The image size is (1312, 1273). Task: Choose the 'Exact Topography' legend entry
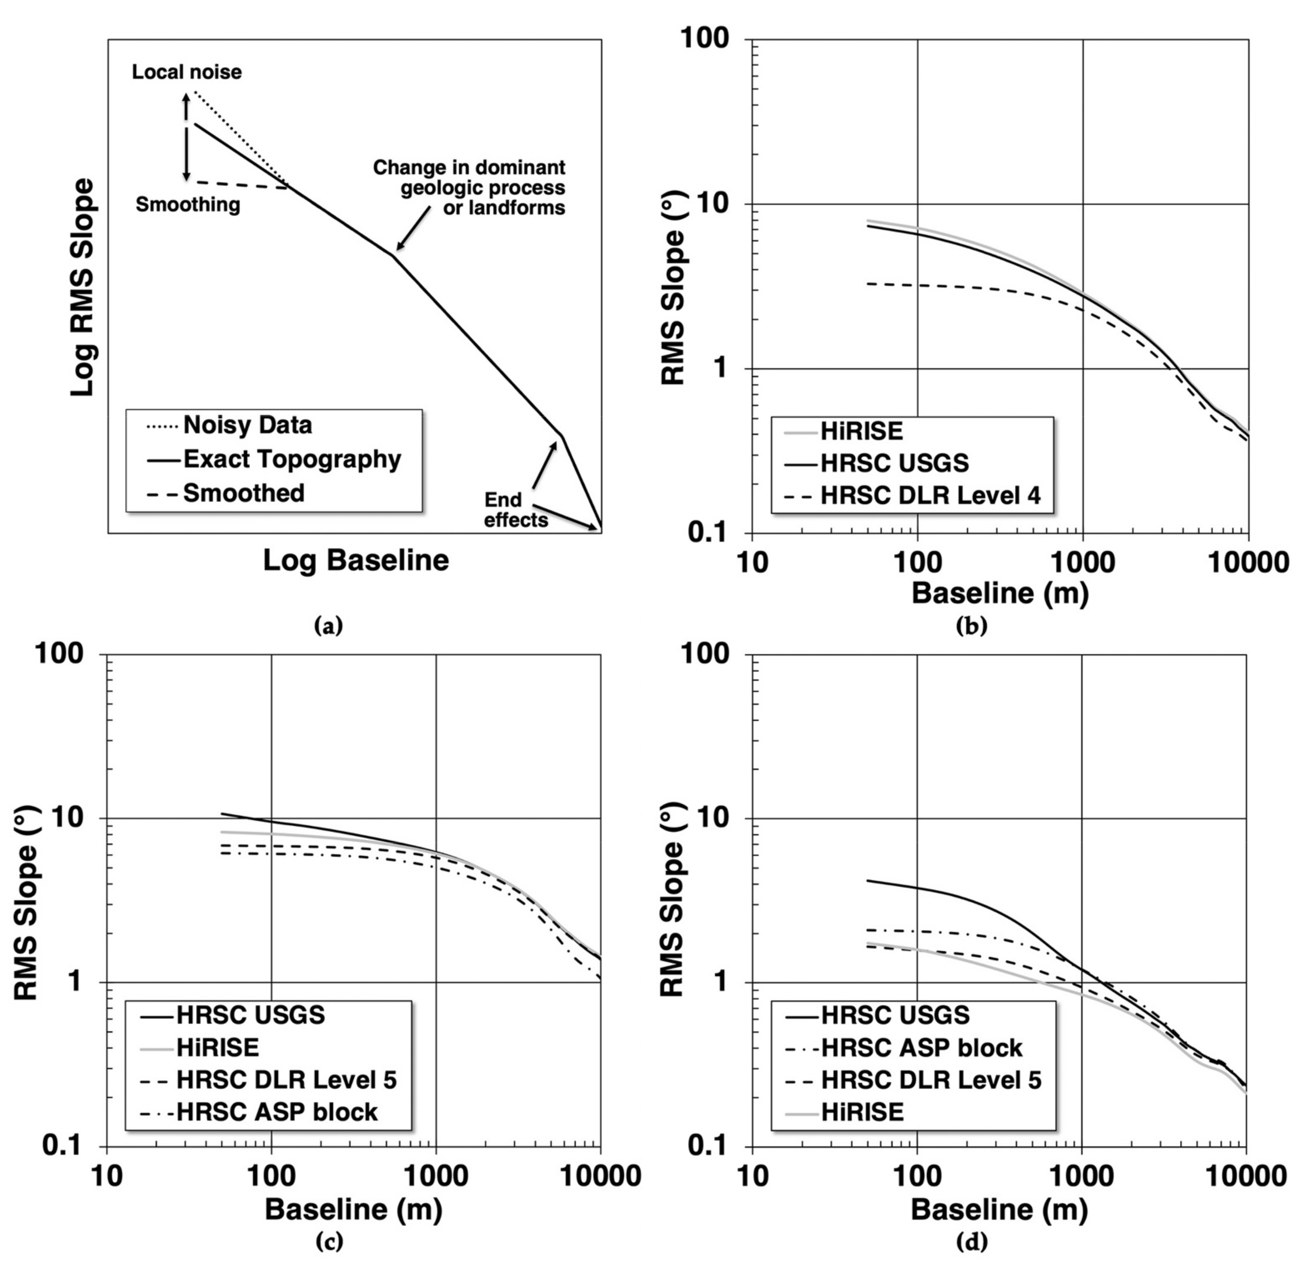[x=292, y=459]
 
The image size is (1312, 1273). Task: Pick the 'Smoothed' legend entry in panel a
[x=244, y=493]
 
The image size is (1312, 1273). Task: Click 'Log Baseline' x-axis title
[x=356, y=561]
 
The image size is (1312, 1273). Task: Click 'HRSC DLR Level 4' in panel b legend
[x=930, y=496]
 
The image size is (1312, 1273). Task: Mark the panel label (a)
[x=328, y=626]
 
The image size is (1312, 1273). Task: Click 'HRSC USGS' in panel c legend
[x=250, y=1015]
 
